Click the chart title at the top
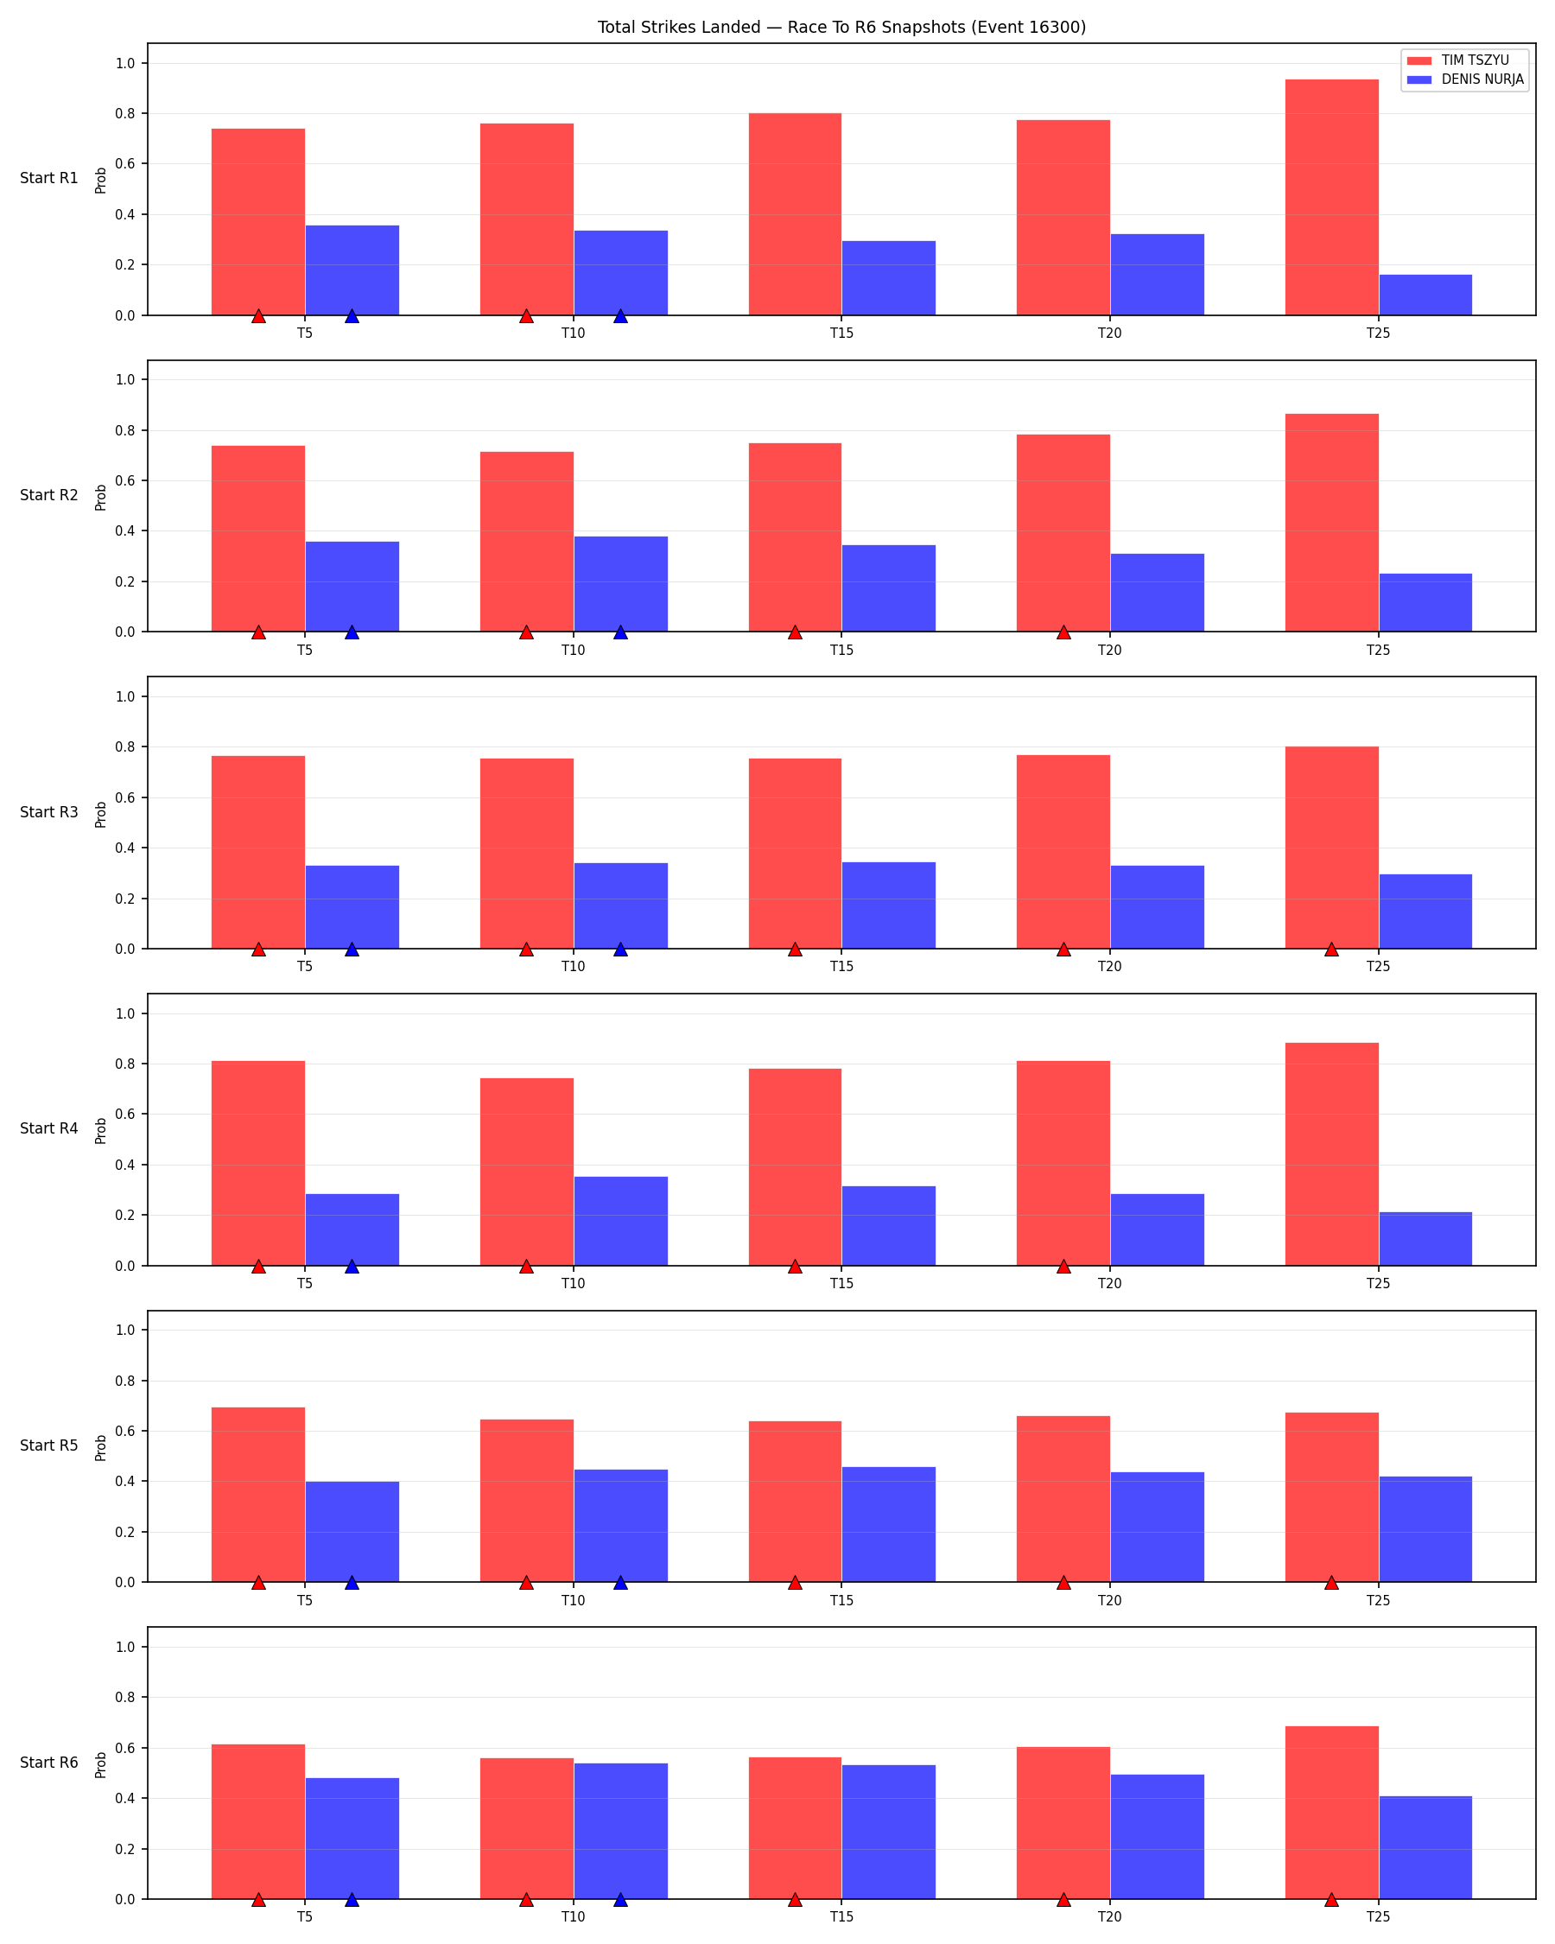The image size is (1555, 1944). tap(841, 27)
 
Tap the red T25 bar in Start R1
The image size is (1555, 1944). tap(1331, 198)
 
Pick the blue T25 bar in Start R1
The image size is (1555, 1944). tap(1425, 295)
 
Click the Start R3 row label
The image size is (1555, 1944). tap(48, 812)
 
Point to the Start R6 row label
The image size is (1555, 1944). tap(48, 1763)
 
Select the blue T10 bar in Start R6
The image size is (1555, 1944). tap(620, 1832)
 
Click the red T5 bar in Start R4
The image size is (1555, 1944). tap(257, 1163)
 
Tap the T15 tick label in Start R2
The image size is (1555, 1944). tap(841, 650)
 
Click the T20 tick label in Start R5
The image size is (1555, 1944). tap(1110, 1600)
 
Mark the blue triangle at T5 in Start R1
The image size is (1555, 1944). tap(352, 315)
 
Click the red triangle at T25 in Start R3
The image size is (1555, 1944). tap(1331, 949)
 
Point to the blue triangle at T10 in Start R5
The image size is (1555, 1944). tap(620, 1583)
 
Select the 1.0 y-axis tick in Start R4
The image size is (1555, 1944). tap(124, 1013)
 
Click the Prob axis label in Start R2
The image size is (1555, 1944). tap(101, 497)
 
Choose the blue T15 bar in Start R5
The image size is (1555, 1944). tap(889, 1525)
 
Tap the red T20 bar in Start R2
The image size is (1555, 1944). tap(1063, 533)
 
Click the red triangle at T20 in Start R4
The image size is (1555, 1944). tap(1063, 1266)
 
